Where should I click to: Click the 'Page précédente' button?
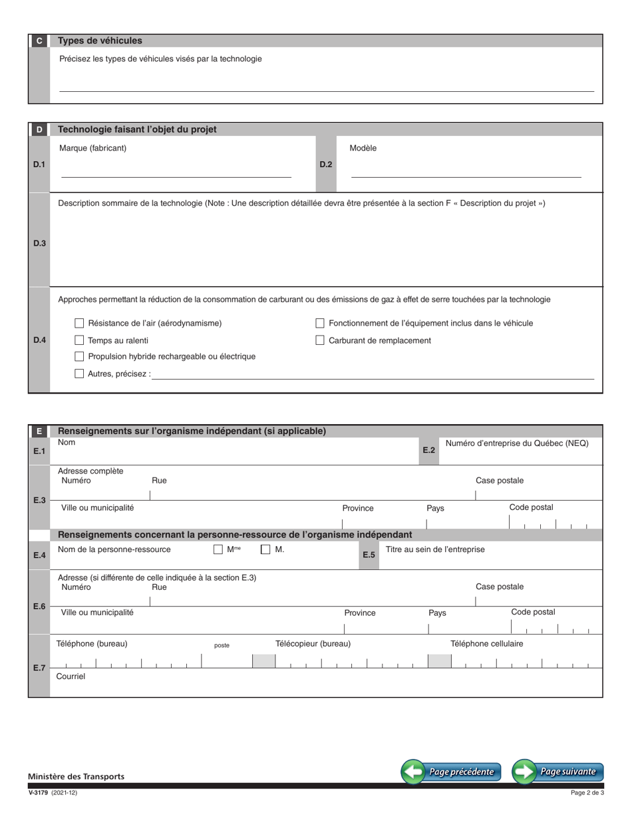click(451, 772)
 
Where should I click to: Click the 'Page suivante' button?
click(557, 772)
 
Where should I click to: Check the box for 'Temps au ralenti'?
click(79, 340)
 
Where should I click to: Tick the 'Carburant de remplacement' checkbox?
click(320, 340)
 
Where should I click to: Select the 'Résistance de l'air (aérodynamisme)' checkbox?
click(79, 323)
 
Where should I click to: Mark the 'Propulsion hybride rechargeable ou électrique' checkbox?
click(79, 356)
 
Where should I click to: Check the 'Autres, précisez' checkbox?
click(79, 374)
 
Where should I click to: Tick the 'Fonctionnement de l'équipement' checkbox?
click(320, 323)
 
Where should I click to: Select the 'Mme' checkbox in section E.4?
click(218, 549)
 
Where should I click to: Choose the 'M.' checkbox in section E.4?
click(265, 549)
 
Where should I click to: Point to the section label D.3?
click(39, 243)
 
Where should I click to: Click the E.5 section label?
click(369, 555)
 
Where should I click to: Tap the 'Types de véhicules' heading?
click(100, 41)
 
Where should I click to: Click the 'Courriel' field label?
click(71, 676)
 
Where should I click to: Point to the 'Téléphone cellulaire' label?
click(486, 643)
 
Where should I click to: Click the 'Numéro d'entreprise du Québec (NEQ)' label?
click(517, 443)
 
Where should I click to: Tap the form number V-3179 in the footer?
click(38, 792)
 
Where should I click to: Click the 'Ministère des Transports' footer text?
click(76, 776)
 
